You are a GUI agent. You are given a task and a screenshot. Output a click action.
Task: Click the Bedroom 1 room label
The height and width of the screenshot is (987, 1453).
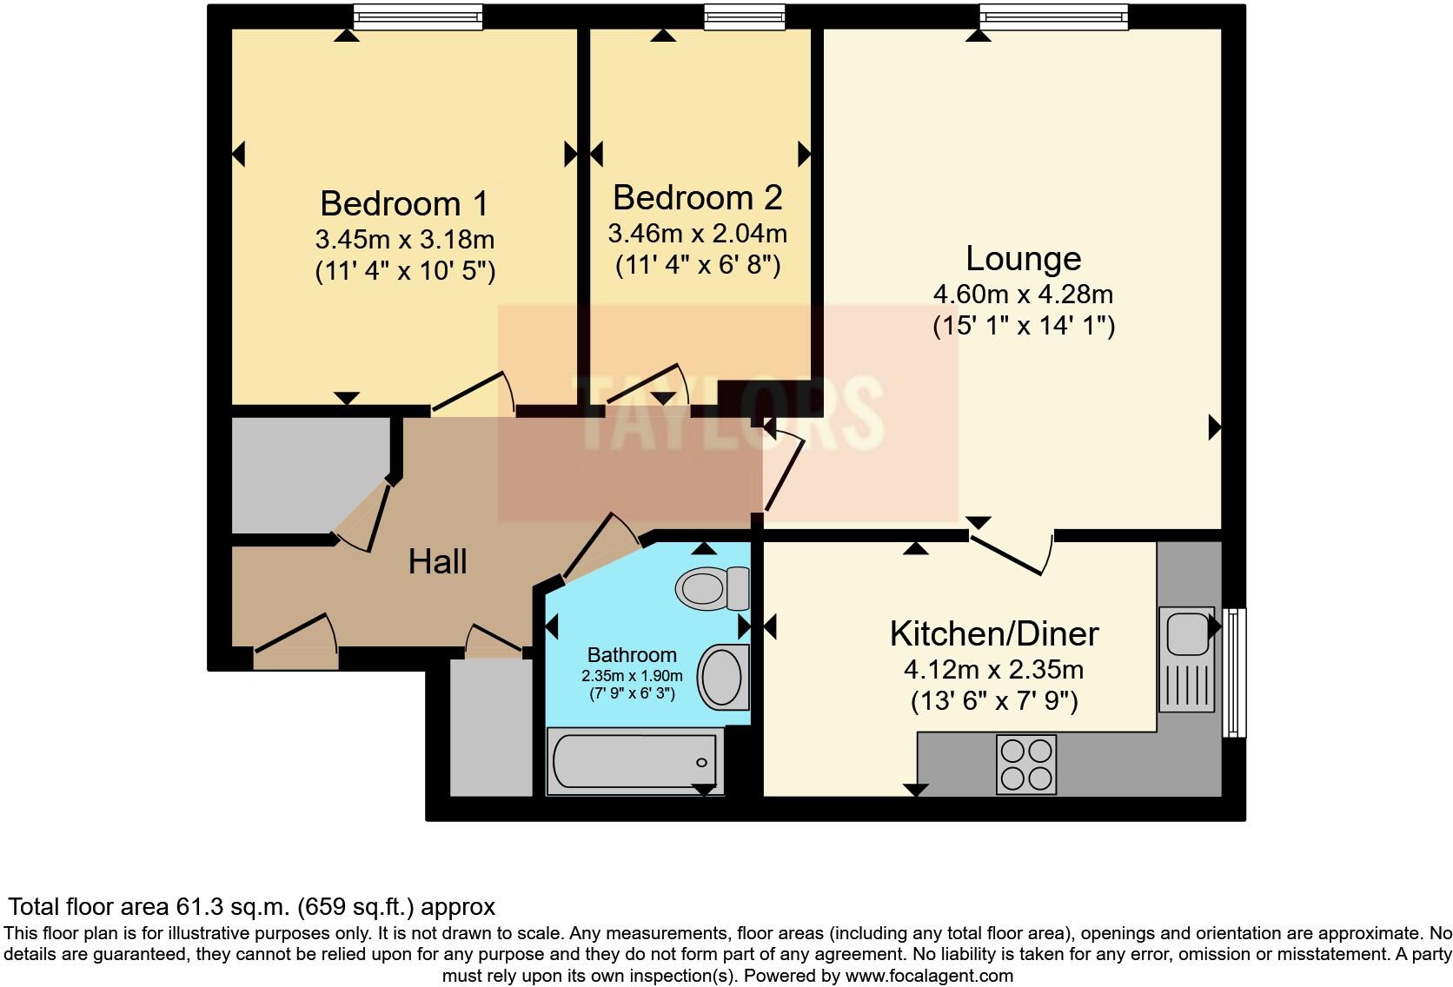point(403,203)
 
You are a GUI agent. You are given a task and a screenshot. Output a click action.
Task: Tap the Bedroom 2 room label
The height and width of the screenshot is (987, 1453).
point(697,197)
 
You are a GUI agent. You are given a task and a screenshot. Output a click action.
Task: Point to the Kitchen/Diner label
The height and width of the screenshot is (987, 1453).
point(994,633)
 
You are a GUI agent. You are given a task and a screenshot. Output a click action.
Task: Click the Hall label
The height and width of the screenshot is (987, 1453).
point(437,561)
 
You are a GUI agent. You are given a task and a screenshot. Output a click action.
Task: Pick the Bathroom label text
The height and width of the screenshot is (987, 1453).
point(632,655)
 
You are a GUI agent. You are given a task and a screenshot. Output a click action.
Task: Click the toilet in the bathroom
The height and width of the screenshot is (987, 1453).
point(713,588)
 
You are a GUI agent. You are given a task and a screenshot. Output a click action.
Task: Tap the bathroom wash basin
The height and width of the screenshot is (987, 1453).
point(723,677)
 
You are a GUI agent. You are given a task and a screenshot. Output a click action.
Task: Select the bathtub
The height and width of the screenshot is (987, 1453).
point(635,762)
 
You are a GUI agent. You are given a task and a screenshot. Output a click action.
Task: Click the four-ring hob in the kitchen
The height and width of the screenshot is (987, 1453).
point(1026,765)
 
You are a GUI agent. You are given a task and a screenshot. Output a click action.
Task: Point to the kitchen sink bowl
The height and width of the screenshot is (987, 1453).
point(1187,633)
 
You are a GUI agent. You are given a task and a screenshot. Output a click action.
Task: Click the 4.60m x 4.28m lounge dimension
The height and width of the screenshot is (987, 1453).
point(1024,295)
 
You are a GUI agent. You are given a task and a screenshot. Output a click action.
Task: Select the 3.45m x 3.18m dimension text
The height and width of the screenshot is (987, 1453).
point(405,240)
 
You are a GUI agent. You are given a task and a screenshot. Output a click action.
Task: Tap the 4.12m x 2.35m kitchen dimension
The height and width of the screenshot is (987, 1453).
point(994,669)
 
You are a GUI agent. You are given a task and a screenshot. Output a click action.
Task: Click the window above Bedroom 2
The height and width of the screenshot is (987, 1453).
point(745,17)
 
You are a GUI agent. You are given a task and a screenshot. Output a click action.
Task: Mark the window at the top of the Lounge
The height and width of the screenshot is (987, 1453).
point(1054,17)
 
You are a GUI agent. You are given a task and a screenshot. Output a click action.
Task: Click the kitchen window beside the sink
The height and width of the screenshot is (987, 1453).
point(1234,672)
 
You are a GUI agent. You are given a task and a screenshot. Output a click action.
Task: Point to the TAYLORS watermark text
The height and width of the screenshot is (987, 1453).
point(730,413)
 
